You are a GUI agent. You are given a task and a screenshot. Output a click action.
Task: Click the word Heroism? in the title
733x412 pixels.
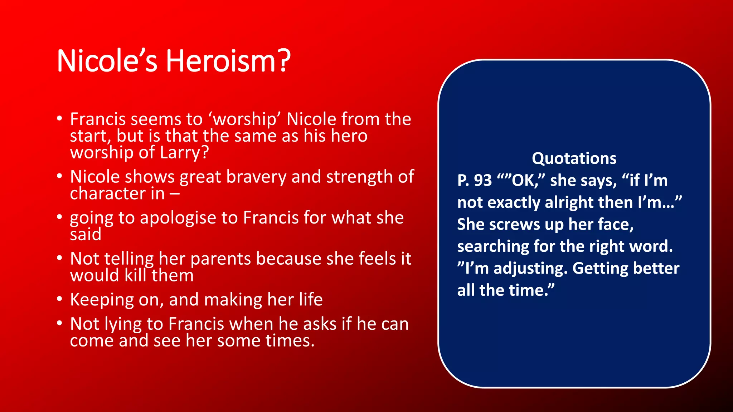(228, 61)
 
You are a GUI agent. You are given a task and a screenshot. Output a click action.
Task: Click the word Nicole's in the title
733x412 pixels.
(107, 61)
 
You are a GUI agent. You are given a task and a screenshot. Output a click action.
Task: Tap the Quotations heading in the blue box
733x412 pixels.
(574, 158)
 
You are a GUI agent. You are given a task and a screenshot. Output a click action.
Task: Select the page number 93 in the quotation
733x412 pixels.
(483, 180)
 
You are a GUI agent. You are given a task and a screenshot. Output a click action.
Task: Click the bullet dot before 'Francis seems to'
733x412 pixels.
(60, 118)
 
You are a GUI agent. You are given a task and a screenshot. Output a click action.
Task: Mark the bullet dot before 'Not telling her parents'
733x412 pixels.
(60, 258)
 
